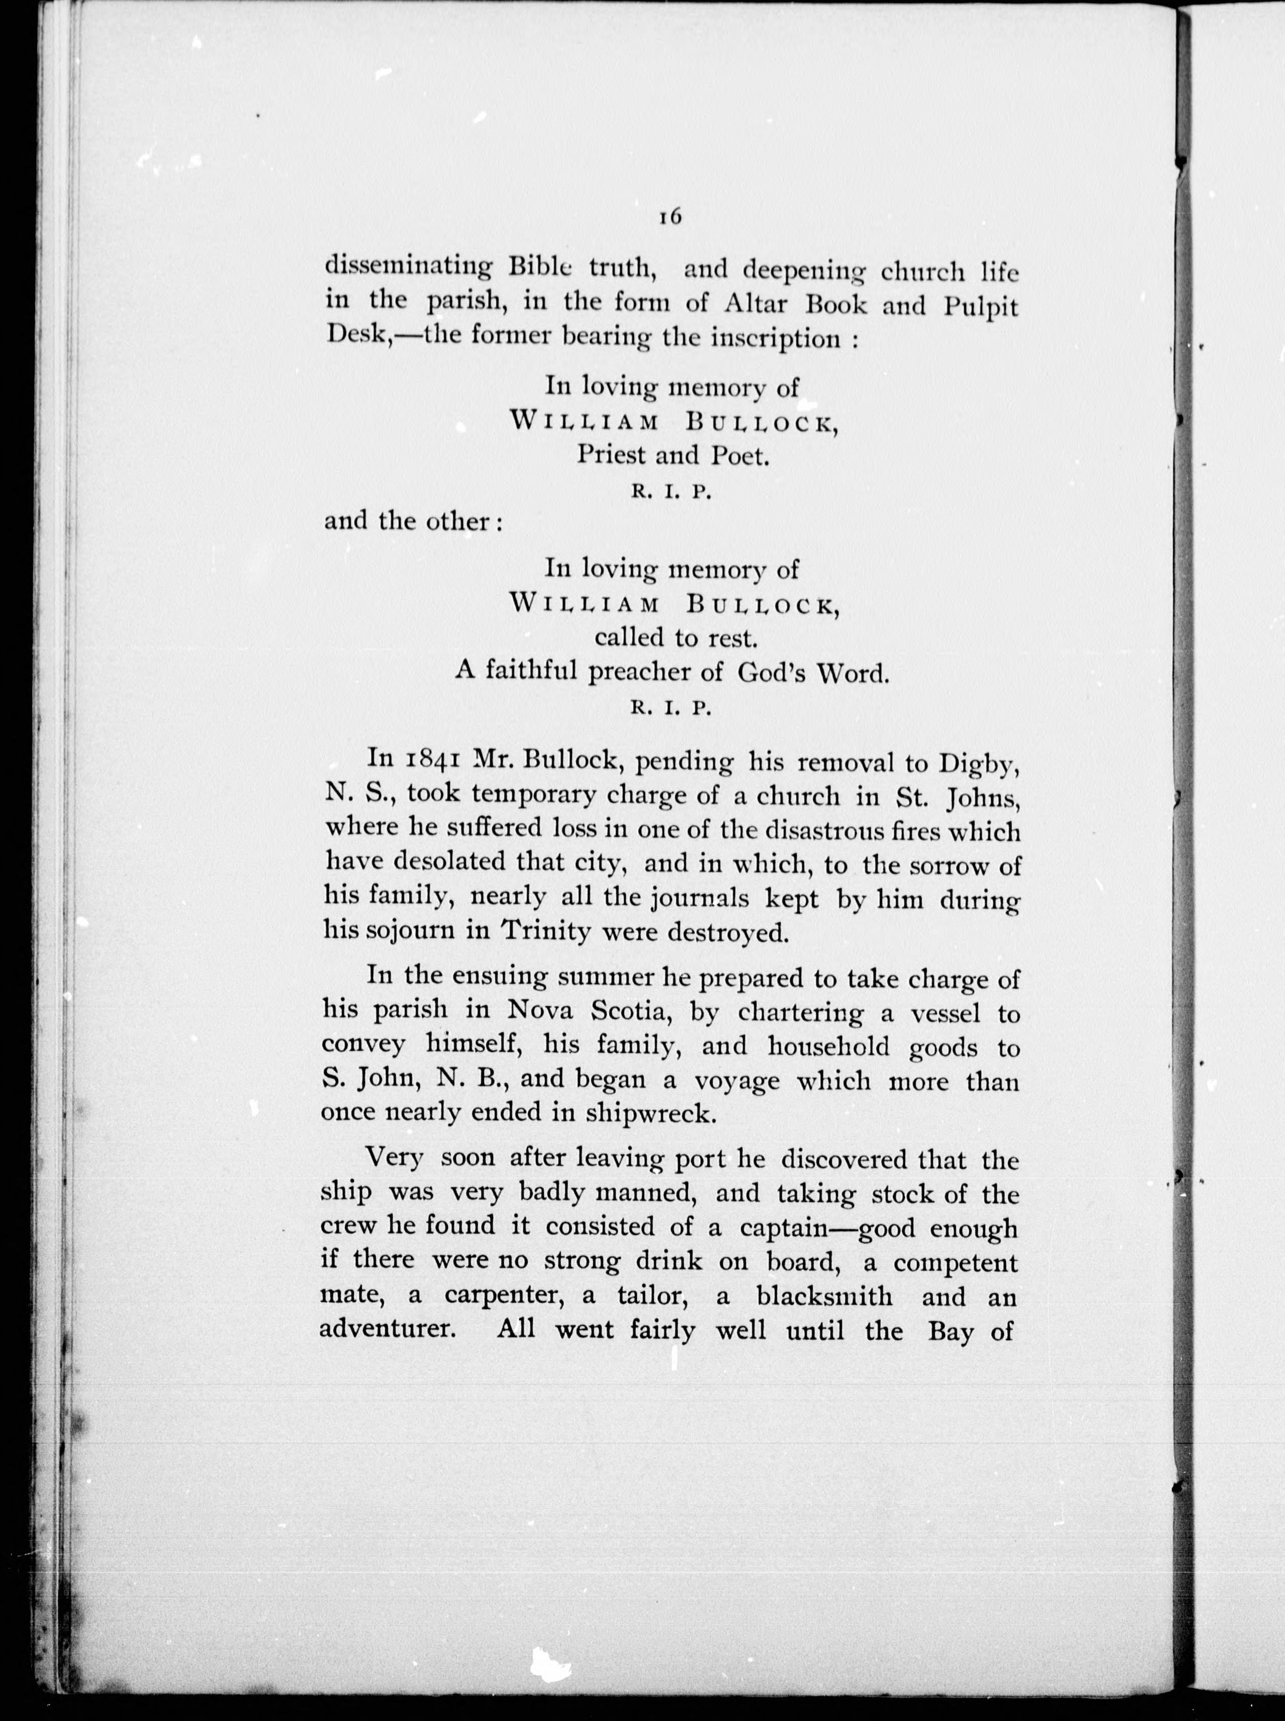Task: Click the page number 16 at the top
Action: (x=670, y=218)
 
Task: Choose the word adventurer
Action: (x=387, y=1329)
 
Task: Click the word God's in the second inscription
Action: (x=771, y=673)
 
